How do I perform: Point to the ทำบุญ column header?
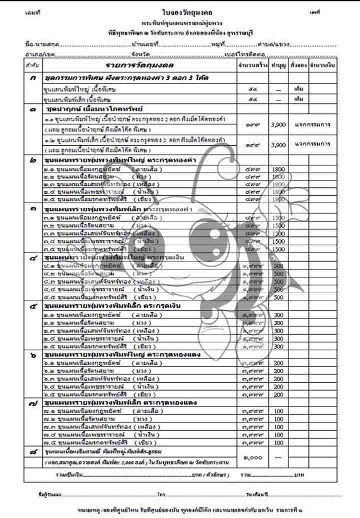click(278, 66)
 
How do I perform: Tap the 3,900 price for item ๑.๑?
click(278, 124)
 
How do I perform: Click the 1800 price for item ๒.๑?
click(278, 170)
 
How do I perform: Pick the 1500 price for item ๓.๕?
click(278, 249)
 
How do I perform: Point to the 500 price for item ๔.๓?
click(278, 282)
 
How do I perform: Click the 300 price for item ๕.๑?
click(278, 315)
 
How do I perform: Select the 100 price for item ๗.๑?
click(278, 411)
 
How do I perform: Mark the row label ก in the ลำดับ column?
click(32, 78)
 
